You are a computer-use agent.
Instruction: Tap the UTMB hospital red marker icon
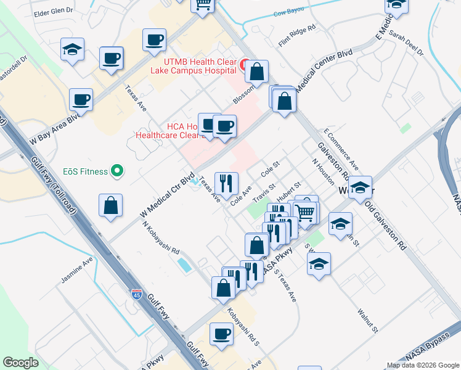pos(244,64)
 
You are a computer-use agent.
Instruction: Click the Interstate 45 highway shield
pos(137,295)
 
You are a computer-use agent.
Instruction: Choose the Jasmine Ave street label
pos(77,271)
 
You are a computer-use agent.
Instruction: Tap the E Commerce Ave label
pos(341,150)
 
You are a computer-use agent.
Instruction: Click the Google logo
pos(21,363)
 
